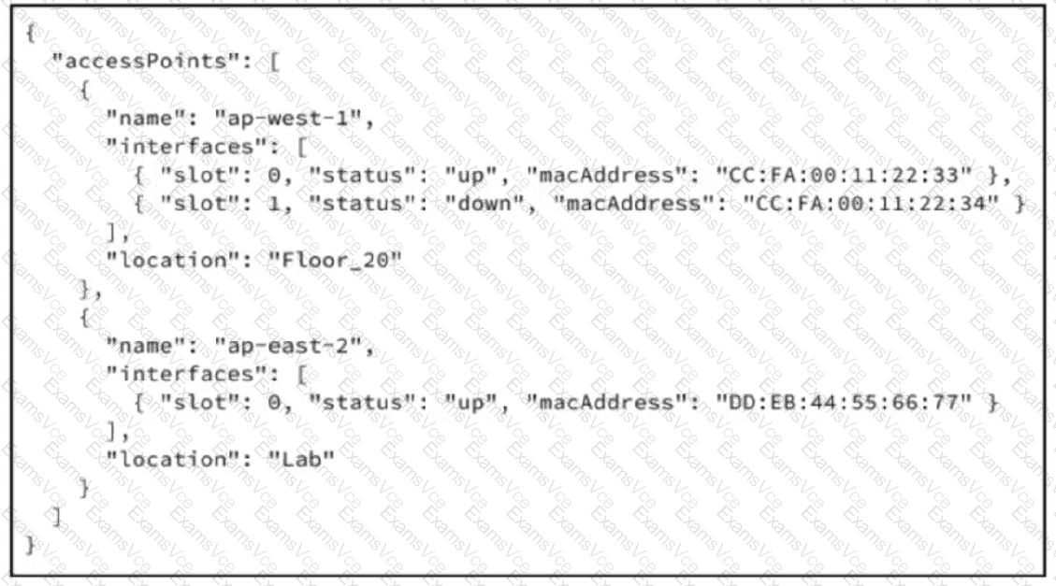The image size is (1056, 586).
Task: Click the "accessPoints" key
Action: coord(146,62)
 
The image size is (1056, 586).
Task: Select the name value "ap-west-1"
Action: coord(288,119)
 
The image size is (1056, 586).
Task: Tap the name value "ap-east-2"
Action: coord(288,346)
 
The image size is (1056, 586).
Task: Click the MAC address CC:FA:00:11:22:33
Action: coord(844,175)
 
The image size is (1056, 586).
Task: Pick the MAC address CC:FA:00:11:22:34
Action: coord(871,203)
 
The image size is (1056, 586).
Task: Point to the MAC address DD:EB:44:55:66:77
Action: coord(844,402)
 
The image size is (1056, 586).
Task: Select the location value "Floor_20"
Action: coord(335,260)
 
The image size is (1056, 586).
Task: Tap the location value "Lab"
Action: coord(301,460)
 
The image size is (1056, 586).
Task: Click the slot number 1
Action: coord(274,204)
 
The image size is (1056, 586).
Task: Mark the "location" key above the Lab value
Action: coord(173,460)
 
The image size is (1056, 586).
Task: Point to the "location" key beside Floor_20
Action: coord(173,260)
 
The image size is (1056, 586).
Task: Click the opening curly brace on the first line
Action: coord(30,33)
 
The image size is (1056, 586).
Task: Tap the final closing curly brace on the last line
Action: coord(30,545)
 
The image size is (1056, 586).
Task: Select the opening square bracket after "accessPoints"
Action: coord(274,62)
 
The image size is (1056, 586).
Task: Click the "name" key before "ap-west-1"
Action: coord(146,119)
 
